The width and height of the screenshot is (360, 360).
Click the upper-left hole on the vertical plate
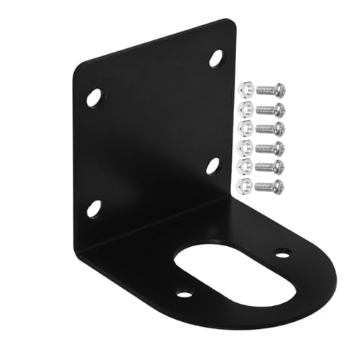pos(94,97)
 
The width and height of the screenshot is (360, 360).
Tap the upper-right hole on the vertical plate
pos(216,58)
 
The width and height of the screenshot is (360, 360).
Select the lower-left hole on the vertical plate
pos(94,209)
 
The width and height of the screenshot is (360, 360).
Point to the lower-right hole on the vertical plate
pos(213,166)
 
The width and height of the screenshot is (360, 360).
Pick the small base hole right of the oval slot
pos(283,253)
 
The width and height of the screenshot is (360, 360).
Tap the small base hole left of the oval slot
pos(185,293)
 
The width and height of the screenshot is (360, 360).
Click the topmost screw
pos(270,89)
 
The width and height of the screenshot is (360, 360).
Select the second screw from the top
pos(270,108)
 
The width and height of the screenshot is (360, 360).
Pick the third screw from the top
pos(270,127)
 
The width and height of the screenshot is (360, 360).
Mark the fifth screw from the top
pos(270,166)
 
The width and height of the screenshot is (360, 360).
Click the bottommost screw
pos(270,186)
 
